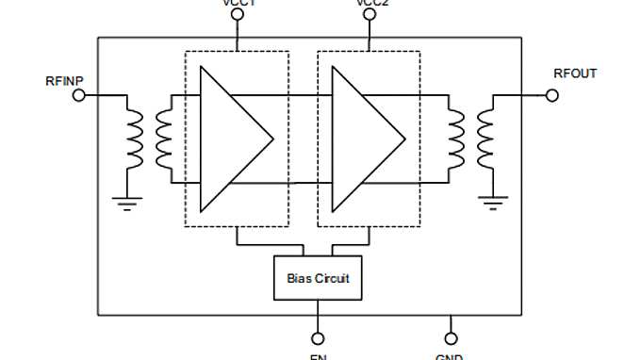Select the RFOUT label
click(x=575, y=74)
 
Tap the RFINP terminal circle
click(x=79, y=95)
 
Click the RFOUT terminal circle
click(x=552, y=95)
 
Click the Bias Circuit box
click(x=319, y=278)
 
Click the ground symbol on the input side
click(x=128, y=202)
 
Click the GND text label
click(x=449, y=356)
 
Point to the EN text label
click(x=319, y=356)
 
